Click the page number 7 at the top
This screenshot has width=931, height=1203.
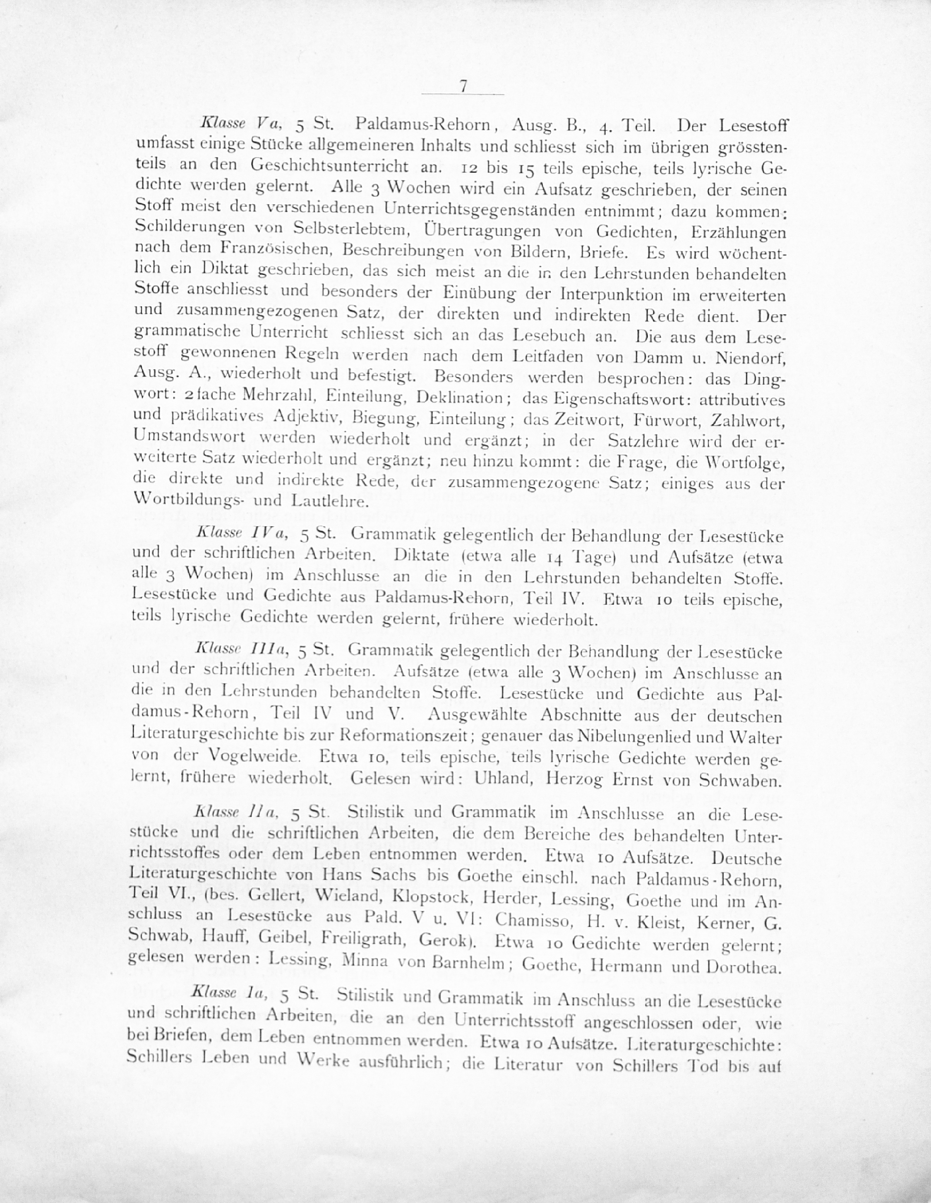pyautogui.click(x=463, y=86)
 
